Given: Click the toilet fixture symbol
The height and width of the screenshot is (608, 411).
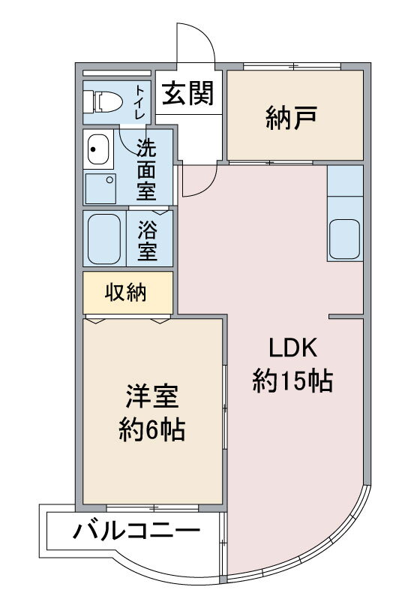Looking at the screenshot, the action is pos(103,102).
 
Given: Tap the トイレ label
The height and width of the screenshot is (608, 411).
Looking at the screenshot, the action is pos(140,102).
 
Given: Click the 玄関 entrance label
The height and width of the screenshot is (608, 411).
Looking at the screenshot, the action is pos(187,93).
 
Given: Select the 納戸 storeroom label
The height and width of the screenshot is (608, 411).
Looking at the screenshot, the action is pos(292,118).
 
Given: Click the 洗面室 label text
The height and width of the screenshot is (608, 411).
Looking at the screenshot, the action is pos(146,170).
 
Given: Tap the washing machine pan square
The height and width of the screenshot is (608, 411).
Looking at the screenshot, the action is pos(100,188).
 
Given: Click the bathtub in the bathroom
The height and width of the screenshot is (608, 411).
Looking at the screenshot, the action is pos(104,239).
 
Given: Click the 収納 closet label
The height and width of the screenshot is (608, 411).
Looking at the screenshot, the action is pos(125,292).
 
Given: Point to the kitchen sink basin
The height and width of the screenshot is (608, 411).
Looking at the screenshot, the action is pos(344,239).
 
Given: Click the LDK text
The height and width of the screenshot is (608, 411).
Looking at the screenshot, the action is pos(293,348).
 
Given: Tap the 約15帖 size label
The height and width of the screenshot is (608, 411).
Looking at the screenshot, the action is pos(292,381).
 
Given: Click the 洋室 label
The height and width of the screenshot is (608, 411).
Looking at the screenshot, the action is pos(151,396).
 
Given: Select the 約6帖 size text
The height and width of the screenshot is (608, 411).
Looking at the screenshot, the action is pos(151,429).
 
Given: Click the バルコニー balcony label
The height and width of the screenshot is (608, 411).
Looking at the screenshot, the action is pos(136,531).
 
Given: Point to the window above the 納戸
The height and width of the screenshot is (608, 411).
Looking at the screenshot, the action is pos(292,66).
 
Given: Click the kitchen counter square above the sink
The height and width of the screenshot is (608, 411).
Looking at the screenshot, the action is pos(345,181).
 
